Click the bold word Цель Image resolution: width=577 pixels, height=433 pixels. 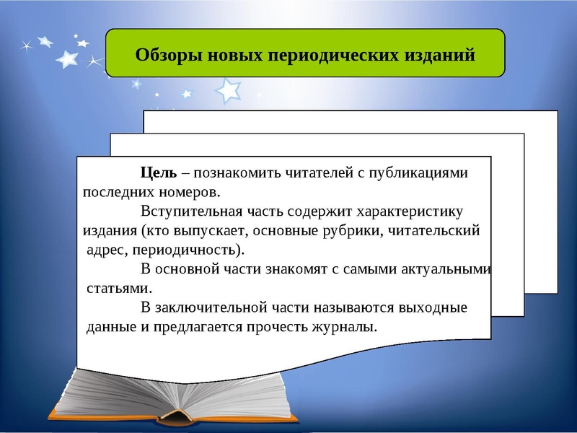pyautogui.click(x=158, y=173)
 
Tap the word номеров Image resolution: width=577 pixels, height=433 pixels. pyautogui.click(x=191, y=193)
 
